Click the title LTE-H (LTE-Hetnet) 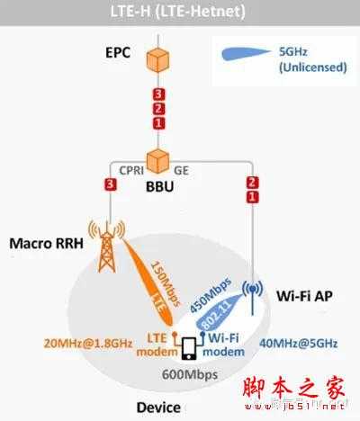pos(179,11)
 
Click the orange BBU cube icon pos(158,160)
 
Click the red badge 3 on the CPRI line pos(111,185)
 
